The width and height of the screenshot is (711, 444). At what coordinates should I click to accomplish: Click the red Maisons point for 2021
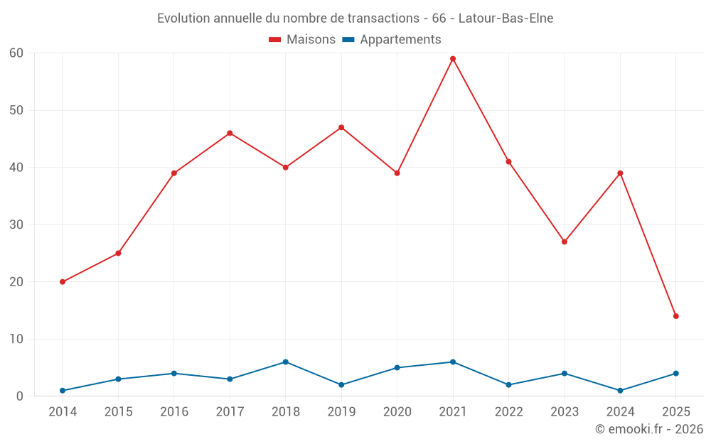(453, 59)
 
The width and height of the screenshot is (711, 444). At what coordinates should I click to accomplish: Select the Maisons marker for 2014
(63, 282)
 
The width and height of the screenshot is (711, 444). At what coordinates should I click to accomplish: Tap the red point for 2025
(676, 316)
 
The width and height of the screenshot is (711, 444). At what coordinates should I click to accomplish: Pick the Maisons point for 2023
(565, 242)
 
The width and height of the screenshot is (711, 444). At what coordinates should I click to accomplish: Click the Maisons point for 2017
(230, 133)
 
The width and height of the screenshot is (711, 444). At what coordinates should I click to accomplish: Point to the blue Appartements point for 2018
(286, 362)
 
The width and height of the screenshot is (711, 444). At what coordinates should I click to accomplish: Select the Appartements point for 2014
(63, 391)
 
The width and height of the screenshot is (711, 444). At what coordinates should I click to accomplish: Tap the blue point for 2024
(621, 391)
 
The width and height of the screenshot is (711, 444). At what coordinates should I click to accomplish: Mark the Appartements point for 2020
(397, 367)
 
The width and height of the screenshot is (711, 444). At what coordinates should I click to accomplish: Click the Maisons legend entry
(302, 40)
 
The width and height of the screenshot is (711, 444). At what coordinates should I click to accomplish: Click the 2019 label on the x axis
(341, 412)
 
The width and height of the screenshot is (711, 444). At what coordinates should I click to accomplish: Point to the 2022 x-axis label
(509, 412)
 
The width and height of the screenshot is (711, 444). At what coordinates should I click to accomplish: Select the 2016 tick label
(174, 412)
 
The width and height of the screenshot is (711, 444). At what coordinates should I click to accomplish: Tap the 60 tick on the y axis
(16, 53)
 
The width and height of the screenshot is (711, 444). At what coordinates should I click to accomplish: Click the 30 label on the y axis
(16, 224)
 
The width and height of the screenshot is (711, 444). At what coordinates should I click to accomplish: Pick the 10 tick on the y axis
(16, 339)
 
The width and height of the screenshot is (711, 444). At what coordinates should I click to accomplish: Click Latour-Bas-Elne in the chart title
(506, 18)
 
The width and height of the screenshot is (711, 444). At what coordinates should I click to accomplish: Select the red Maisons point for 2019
(341, 127)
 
